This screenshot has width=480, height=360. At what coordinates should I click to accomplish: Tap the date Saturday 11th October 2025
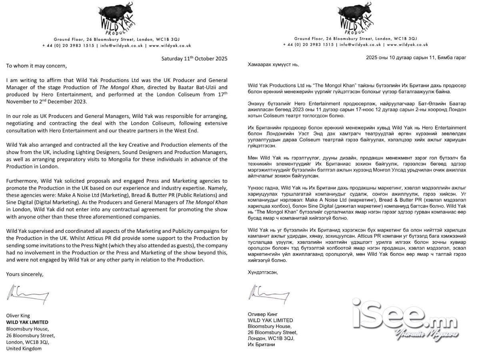pyautogui.click(x=194, y=58)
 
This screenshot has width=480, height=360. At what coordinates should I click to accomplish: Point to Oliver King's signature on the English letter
pyautogui.click(x=28, y=294)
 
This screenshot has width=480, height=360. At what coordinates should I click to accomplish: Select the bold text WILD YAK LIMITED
pyautogui.click(x=27, y=322)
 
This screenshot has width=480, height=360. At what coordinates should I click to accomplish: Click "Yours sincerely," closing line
pyautogui.click(x=25, y=274)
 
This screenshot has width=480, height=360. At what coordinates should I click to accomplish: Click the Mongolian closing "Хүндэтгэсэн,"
pyautogui.click(x=262, y=272)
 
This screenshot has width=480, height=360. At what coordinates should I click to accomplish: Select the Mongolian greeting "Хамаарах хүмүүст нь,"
pyautogui.click(x=273, y=64)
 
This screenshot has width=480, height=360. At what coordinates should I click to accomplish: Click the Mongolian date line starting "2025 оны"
pyautogui.click(x=416, y=58)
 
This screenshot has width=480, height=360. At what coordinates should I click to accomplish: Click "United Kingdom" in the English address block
pyautogui.click(x=24, y=348)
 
